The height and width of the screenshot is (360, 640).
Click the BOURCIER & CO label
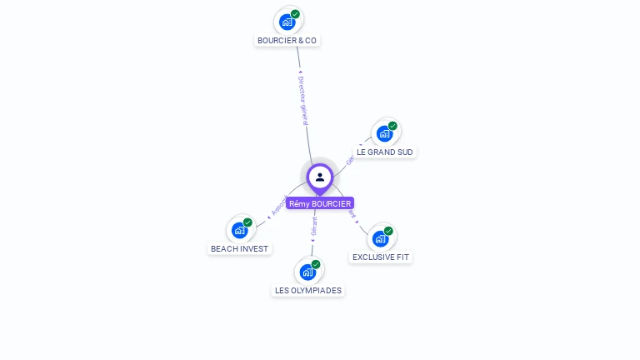(x=287, y=40)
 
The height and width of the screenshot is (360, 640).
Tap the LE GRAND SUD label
(x=385, y=152)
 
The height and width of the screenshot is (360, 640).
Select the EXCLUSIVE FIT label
(x=381, y=257)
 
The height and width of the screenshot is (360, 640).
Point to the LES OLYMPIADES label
(x=307, y=290)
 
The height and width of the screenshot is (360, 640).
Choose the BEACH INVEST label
(x=239, y=248)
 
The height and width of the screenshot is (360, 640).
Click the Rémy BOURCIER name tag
(x=320, y=203)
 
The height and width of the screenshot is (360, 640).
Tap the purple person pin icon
(x=320, y=177)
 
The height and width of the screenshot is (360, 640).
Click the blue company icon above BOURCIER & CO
(x=287, y=22)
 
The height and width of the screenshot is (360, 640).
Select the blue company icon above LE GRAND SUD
(x=384, y=133)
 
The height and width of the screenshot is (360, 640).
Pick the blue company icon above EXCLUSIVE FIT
(x=380, y=238)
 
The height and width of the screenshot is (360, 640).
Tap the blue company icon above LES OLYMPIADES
(x=307, y=272)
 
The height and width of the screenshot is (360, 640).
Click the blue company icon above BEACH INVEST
(x=240, y=230)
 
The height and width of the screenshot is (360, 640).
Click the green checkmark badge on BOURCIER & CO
(x=295, y=14)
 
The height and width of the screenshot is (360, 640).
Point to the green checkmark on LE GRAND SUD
(x=392, y=126)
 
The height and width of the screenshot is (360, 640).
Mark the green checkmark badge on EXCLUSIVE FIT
(x=388, y=231)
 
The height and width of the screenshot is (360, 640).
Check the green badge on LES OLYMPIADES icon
(x=316, y=264)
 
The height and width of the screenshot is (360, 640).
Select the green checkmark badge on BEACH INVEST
(x=247, y=222)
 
